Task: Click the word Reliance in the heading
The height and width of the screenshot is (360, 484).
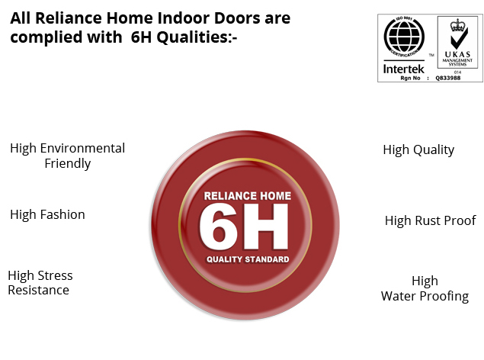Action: [x=69, y=18]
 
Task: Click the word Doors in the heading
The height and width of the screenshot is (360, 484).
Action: [x=237, y=18]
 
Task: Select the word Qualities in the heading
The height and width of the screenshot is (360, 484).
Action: [x=197, y=37]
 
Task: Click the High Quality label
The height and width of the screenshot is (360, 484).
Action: [x=418, y=150]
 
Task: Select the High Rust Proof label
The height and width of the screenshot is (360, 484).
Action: [x=431, y=220]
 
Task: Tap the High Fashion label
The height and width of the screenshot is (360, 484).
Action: [x=47, y=214]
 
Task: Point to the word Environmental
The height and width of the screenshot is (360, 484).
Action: [x=82, y=148]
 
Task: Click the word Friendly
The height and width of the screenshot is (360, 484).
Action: [x=68, y=164]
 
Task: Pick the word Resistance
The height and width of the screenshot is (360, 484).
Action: [x=39, y=291]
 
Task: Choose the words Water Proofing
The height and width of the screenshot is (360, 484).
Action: [x=425, y=296]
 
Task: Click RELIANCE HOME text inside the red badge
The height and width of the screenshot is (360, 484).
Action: [x=248, y=196]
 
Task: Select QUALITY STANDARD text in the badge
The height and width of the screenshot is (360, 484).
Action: [x=248, y=259]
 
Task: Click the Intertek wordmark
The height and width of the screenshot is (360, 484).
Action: [x=404, y=69]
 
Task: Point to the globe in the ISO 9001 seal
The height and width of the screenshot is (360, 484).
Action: [x=404, y=37]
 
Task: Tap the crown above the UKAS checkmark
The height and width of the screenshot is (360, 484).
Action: [x=457, y=25]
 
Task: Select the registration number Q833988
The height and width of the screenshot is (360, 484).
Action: [x=448, y=78]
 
